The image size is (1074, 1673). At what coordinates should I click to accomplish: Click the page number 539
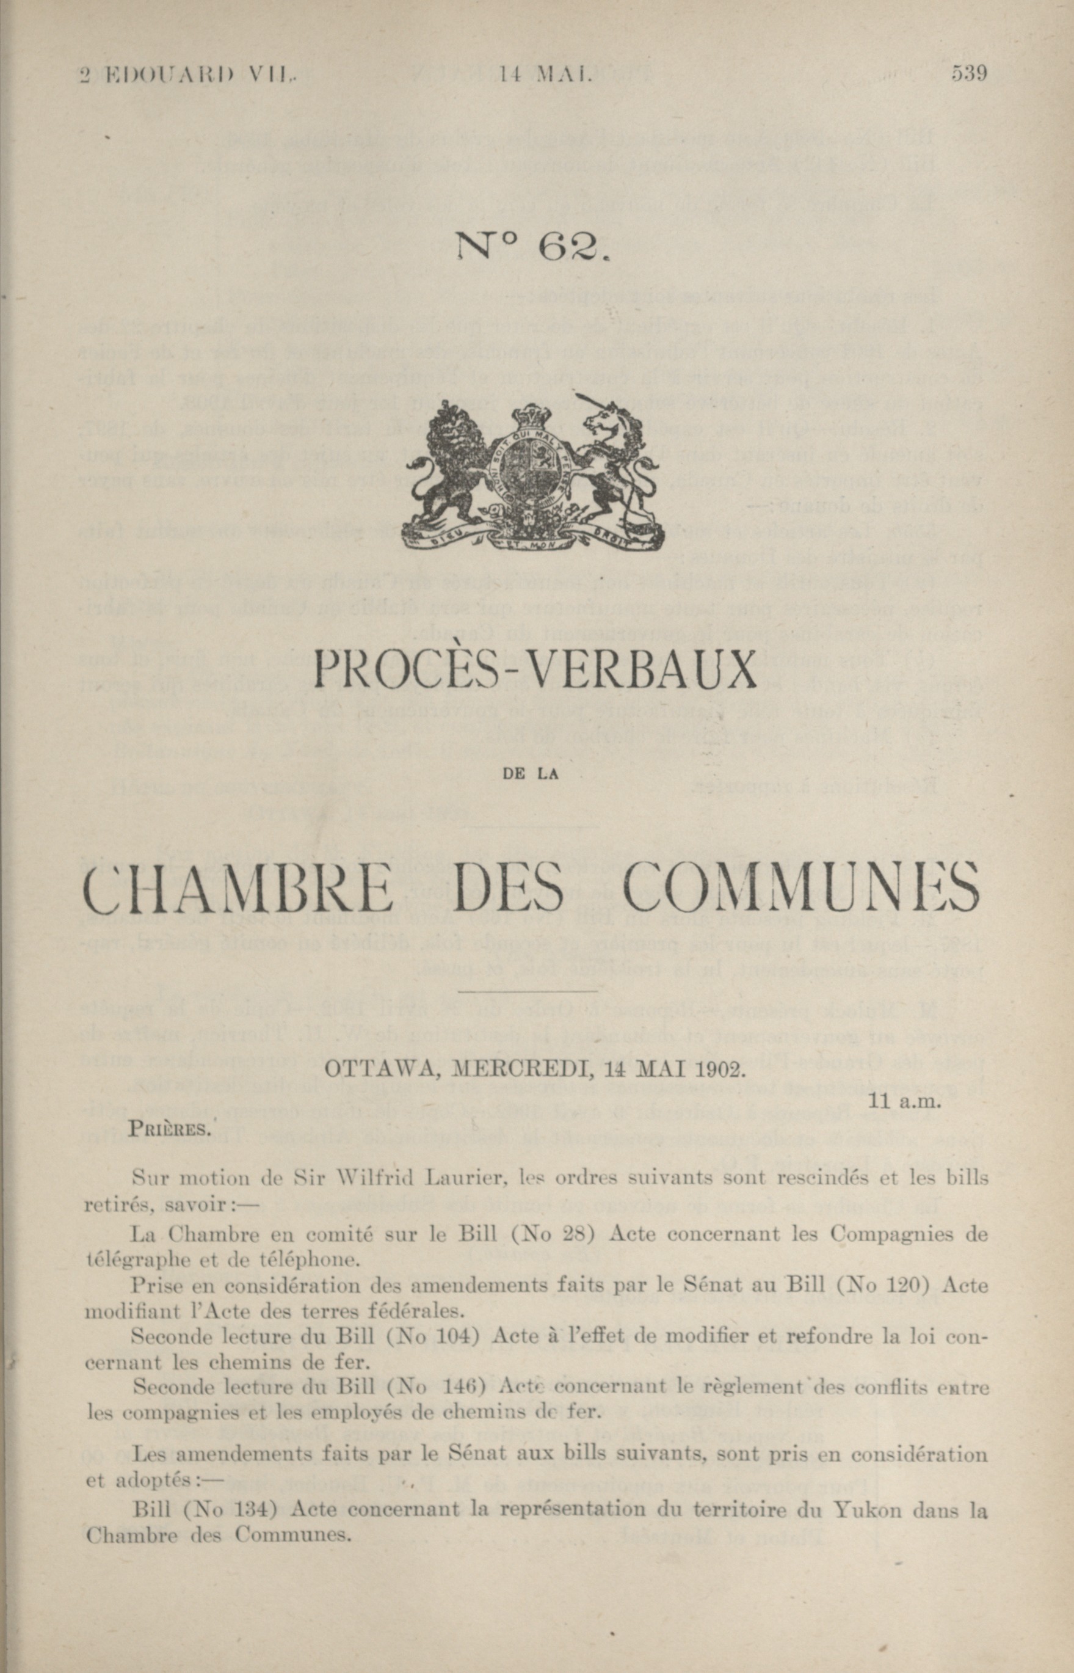coord(969,73)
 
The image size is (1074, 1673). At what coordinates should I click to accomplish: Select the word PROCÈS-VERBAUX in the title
coord(535,670)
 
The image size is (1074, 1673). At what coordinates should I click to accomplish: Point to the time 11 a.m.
coord(904,1102)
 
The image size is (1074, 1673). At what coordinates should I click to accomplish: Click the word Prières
coord(170,1129)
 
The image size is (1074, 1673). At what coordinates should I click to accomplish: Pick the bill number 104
coord(460,1336)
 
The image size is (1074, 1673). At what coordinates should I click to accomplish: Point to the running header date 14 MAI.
coord(545,73)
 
